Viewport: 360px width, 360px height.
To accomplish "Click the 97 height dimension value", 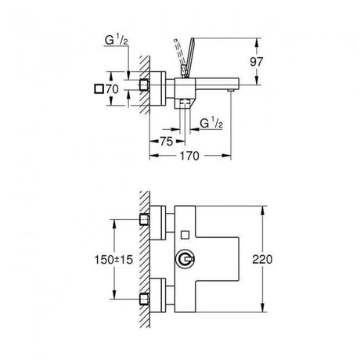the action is tap(257, 62).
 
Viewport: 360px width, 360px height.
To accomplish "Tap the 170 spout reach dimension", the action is tap(189, 156).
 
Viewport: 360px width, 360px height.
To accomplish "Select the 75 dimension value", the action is tap(167, 142).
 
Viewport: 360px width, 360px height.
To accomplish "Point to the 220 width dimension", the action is tap(262, 259).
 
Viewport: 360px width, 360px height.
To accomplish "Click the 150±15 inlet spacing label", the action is tap(113, 260).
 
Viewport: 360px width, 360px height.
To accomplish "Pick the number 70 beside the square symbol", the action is tap(112, 89).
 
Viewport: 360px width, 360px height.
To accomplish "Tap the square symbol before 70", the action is tap(99, 89).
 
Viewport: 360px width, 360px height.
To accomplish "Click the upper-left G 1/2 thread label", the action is tap(117, 41).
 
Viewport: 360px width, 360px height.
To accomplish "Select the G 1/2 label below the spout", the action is tap(211, 123).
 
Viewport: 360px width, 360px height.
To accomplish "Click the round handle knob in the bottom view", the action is tap(185, 259).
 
